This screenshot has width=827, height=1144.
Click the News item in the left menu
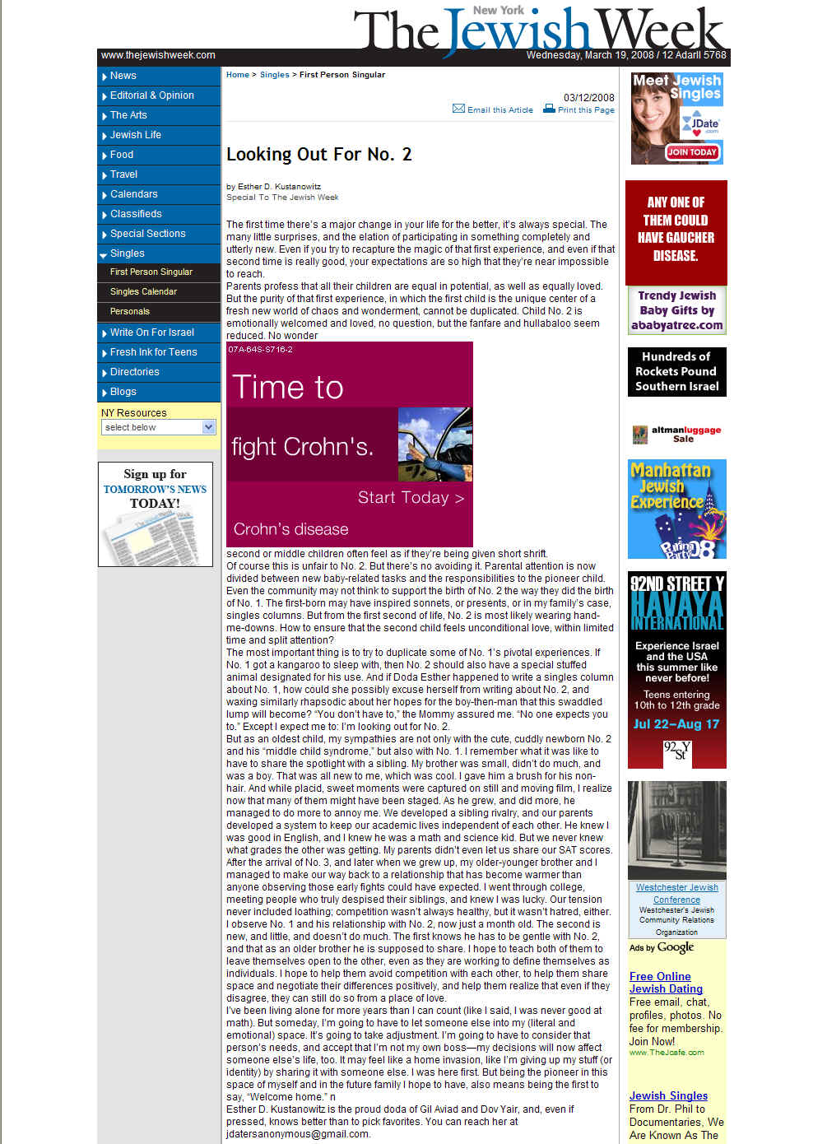[123, 76]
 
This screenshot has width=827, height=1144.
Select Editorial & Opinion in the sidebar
[152, 95]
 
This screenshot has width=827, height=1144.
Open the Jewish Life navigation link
[136, 135]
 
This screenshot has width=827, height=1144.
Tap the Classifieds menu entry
[136, 214]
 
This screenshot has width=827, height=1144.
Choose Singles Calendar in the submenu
[143, 291]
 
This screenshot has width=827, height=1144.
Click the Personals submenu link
[130, 311]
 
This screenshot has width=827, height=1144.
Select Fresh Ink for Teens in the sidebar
[154, 352]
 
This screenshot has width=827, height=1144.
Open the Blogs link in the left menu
[123, 392]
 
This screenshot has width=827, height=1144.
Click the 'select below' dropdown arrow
[208, 427]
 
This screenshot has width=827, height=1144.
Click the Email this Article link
[499, 109]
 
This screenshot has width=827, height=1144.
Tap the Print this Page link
[585, 109]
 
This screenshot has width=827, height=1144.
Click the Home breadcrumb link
[238, 75]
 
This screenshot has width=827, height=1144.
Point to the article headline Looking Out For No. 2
[319, 154]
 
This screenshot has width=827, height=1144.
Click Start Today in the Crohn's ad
[411, 498]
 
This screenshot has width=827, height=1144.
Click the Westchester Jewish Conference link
[676, 893]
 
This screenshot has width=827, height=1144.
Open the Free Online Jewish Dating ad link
[666, 983]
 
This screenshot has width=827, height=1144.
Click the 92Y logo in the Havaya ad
[676, 751]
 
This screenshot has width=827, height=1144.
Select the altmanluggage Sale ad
[676, 434]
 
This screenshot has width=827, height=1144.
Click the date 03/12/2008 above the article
[588, 97]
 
